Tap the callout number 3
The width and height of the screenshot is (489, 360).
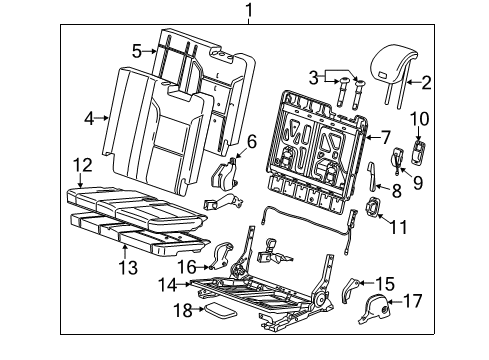point(313,77)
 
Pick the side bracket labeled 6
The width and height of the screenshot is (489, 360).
point(226,176)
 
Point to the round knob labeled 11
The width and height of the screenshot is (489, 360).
point(376,208)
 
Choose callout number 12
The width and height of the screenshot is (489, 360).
point(84,164)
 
